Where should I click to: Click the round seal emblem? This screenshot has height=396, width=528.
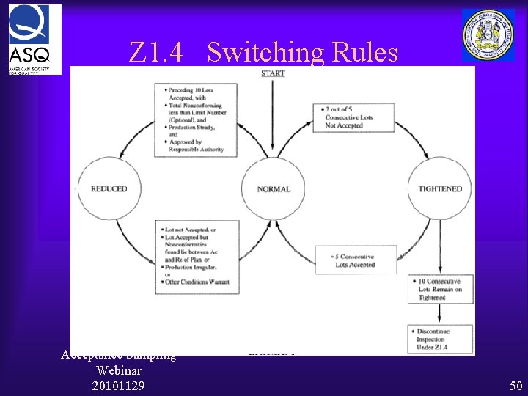488,34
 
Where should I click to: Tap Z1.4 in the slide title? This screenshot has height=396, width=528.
155,53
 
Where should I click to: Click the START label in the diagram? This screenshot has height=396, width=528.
273,73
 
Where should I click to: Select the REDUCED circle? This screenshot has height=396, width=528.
109,189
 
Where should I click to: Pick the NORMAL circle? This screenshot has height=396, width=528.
274,189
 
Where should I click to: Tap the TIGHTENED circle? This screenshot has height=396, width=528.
440,189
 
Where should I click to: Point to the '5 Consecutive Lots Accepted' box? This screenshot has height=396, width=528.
356,260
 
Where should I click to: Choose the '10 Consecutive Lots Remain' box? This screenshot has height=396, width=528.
441,290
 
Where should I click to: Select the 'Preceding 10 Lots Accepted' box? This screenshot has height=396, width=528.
196,118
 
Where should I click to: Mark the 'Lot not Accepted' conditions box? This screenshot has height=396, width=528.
196,254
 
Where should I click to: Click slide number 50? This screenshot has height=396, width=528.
516,386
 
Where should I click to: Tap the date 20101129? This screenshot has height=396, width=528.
119,386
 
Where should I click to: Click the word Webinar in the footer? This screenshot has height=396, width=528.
119,370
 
